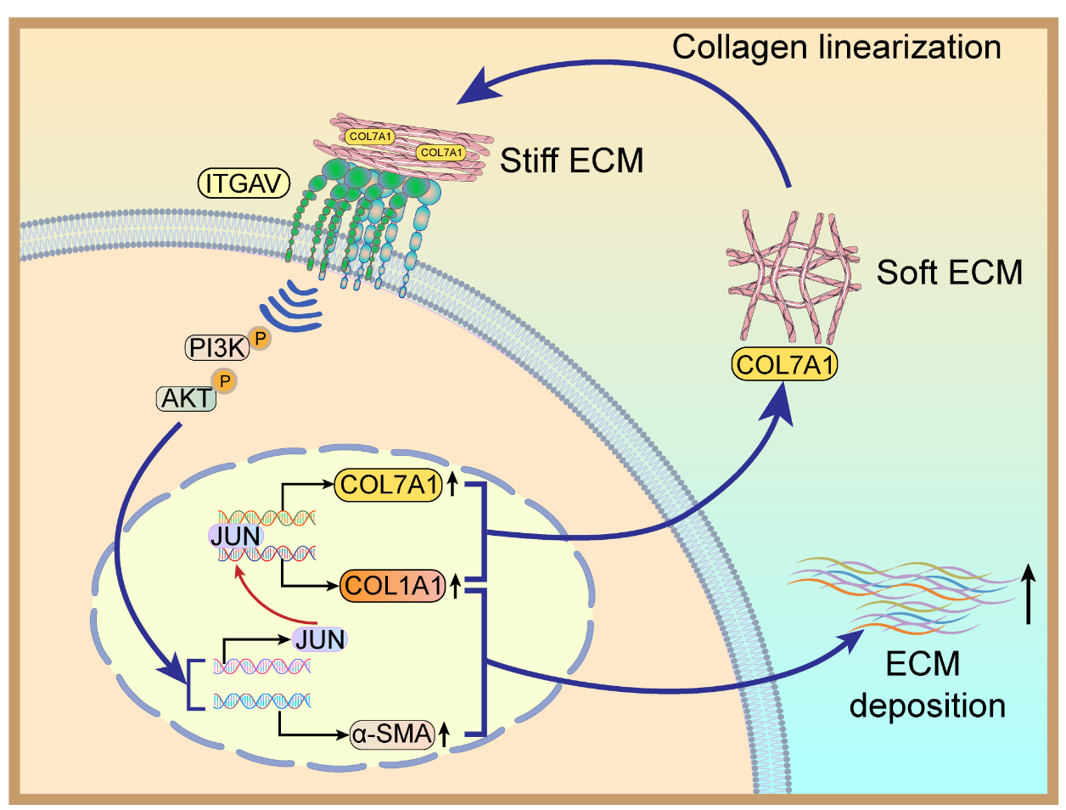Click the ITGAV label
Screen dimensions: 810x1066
(x=244, y=183)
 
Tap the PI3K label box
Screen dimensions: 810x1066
(x=216, y=347)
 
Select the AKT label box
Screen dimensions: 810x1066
(x=187, y=398)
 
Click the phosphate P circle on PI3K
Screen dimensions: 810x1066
(x=261, y=338)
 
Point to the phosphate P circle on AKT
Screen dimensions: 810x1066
(x=225, y=381)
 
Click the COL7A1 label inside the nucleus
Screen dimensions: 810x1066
(x=389, y=485)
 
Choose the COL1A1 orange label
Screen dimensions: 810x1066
(x=393, y=585)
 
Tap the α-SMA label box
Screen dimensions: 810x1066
(x=392, y=733)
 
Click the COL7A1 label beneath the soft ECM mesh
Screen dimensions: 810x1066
(x=784, y=365)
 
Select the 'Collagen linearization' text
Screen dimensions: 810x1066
(x=836, y=47)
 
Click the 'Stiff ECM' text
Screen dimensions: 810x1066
(x=571, y=160)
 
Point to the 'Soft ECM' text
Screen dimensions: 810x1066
(x=949, y=273)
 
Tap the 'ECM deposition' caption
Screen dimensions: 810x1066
(x=926, y=684)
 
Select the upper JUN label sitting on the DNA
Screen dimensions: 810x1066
(x=235, y=536)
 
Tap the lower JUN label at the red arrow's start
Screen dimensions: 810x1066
(x=320, y=639)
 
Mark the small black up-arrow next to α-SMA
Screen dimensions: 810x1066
(x=444, y=734)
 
